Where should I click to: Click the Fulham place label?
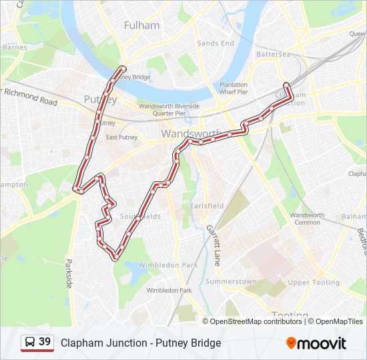coord(142,25)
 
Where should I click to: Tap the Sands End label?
coord(216,43)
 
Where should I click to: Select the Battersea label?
coord(274,54)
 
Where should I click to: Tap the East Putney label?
coord(121,138)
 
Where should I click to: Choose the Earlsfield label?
coord(208,206)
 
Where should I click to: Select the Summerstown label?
coord(231,282)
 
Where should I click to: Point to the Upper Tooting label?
coord(314,283)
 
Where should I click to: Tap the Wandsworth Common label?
coord(307,219)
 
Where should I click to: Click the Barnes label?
coord(15,47)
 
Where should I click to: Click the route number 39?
coord(45,342)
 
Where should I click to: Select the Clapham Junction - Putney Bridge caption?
coord(141,343)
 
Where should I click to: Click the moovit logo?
coord(316,343)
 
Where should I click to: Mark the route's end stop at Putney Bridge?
coord(123,69)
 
